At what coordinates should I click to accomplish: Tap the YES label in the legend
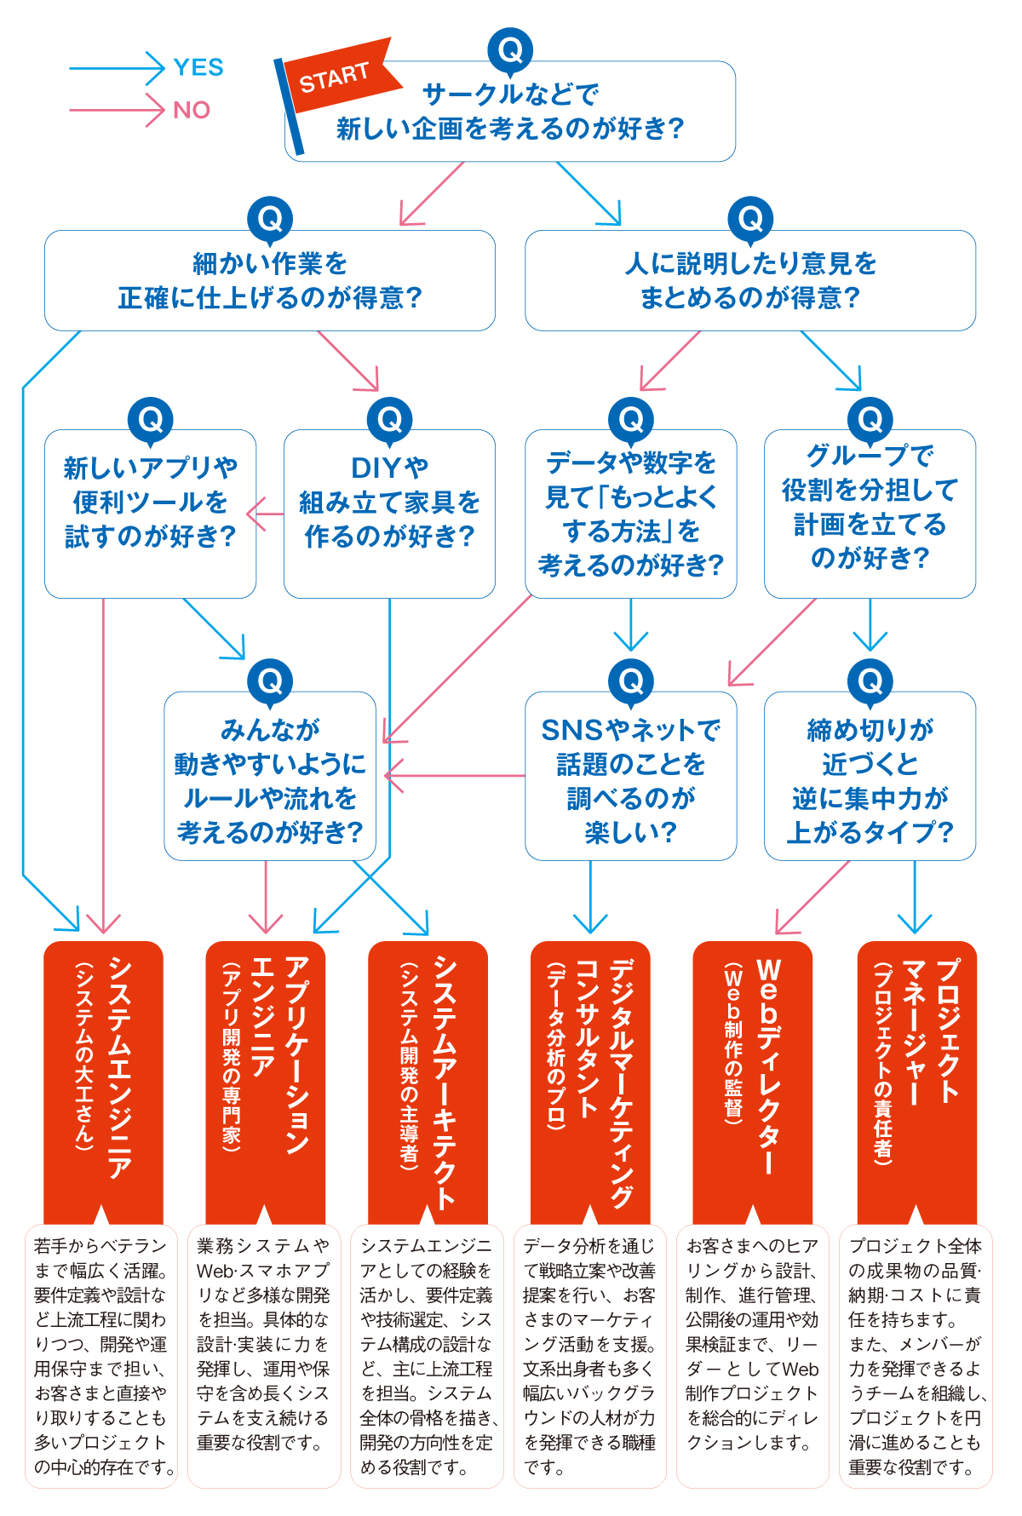click(198, 67)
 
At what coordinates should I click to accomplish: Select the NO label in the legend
click(192, 110)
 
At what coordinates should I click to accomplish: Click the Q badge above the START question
click(510, 50)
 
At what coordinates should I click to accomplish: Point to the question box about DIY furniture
click(389, 513)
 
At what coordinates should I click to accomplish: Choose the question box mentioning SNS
click(630, 777)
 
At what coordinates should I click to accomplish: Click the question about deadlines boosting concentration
click(870, 777)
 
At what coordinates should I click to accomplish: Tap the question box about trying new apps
click(150, 513)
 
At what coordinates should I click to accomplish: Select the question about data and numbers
click(630, 513)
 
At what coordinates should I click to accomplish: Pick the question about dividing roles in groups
click(870, 513)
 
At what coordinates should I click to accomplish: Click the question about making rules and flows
click(270, 777)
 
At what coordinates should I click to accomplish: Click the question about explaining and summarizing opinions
click(749, 281)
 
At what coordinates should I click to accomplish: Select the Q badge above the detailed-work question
click(270, 220)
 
